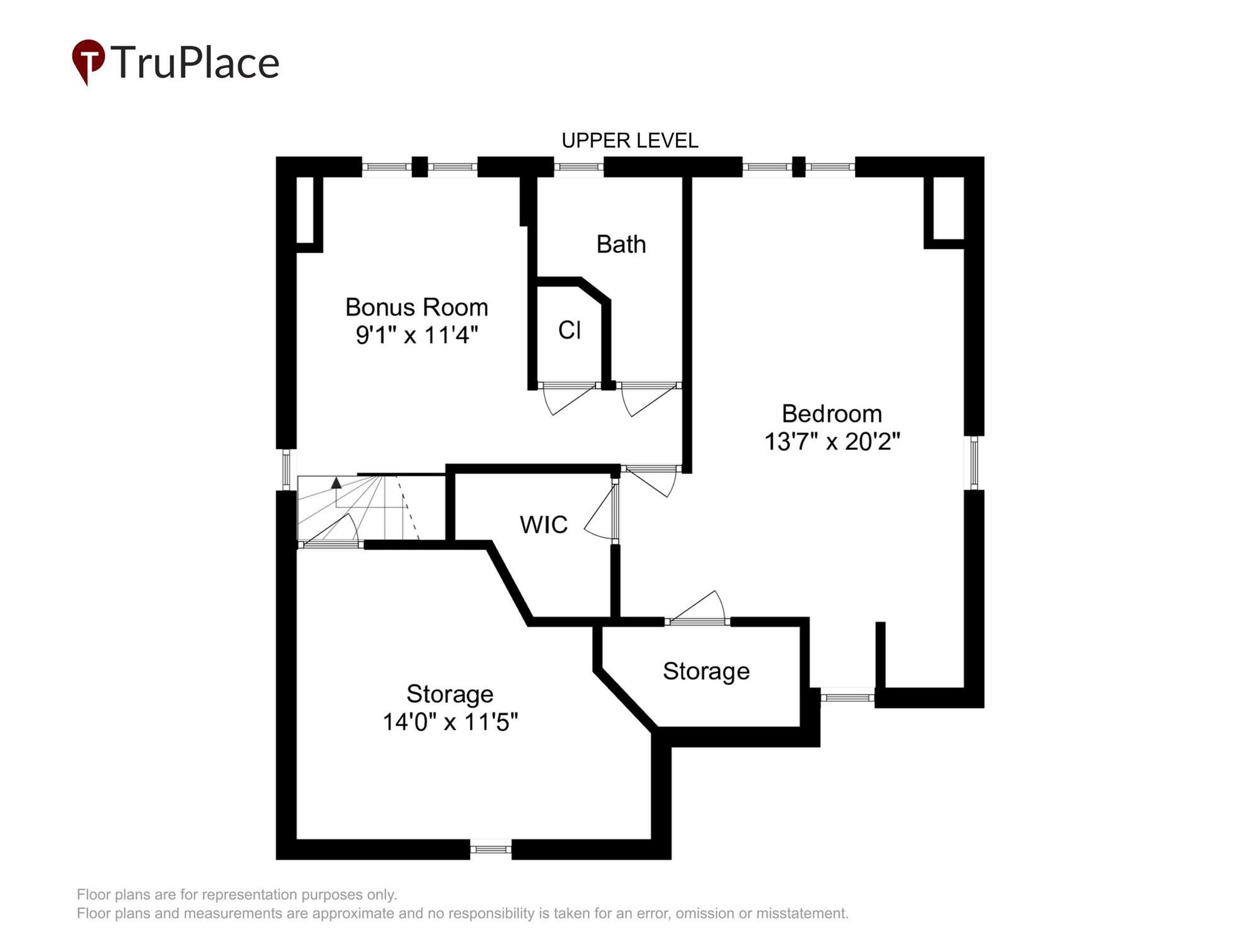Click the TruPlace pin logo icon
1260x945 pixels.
(x=88, y=62)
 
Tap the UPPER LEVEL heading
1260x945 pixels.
(x=629, y=140)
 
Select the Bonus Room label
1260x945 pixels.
(x=416, y=307)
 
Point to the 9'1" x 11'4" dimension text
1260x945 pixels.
(x=416, y=335)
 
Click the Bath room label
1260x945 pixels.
(x=621, y=244)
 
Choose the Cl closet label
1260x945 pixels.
(x=570, y=330)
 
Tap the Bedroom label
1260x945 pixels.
(x=832, y=414)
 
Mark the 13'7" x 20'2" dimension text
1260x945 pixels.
(x=832, y=442)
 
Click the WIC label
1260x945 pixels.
(x=544, y=525)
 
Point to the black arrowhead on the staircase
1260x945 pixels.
(x=336, y=483)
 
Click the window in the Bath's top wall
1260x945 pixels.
(x=579, y=167)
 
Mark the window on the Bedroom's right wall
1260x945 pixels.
(x=974, y=463)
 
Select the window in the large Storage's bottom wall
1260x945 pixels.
(x=491, y=850)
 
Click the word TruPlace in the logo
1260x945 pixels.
(x=195, y=63)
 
